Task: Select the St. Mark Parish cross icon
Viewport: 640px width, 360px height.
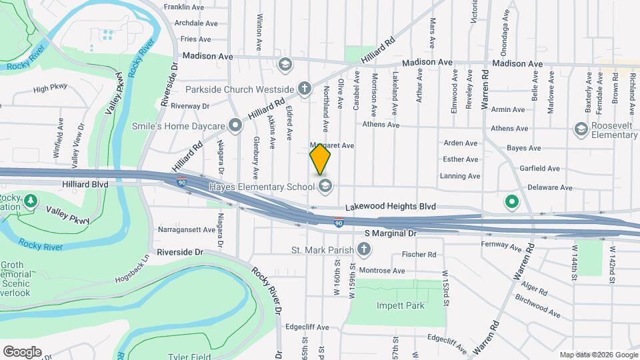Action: tap(363, 249)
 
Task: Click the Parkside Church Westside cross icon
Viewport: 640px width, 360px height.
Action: tap(304, 89)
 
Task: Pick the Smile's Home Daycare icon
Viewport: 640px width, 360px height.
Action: tap(235, 125)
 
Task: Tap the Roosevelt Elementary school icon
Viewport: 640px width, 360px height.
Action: tap(581, 129)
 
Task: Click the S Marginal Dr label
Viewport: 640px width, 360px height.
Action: tap(391, 234)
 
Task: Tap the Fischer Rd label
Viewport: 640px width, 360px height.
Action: tap(419, 255)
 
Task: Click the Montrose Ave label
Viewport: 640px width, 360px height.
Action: tap(381, 271)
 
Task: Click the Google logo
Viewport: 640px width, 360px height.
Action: tap(22, 351)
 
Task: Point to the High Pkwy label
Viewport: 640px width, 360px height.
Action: tap(50, 88)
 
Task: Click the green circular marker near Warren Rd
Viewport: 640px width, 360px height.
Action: tap(511, 201)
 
